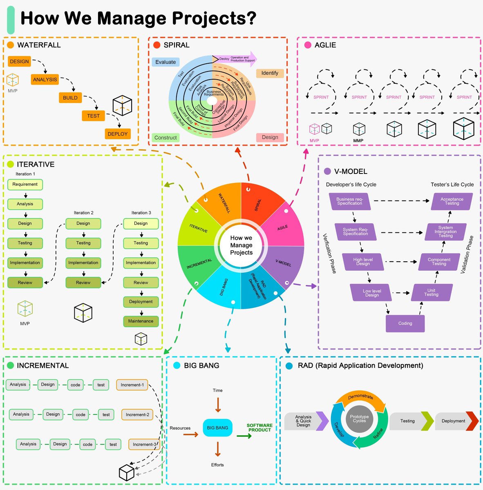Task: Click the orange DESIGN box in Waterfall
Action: coord(19,62)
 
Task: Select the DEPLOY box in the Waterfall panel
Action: coord(118,134)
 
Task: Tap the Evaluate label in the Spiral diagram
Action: coord(165,62)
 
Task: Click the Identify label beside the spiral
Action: coord(270,73)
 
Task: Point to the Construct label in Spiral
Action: coord(165,138)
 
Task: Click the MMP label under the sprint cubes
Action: coord(358,140)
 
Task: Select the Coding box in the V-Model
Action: coord(405,323)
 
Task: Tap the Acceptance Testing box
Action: coord(452,201)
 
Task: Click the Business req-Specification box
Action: coord(349,201)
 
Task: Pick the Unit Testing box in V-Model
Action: coord(432,292)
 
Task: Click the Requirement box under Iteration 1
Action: coord(25,185)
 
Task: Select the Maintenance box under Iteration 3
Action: coord(141,321)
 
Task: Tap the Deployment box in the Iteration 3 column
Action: coord(141,302)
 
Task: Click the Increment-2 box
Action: coord(137,414)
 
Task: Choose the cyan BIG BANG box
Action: coord(217,428)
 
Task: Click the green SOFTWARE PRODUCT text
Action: coord(259,428)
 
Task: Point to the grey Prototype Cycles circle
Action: coord(359,419)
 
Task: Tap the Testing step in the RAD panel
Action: coord(407,421)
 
